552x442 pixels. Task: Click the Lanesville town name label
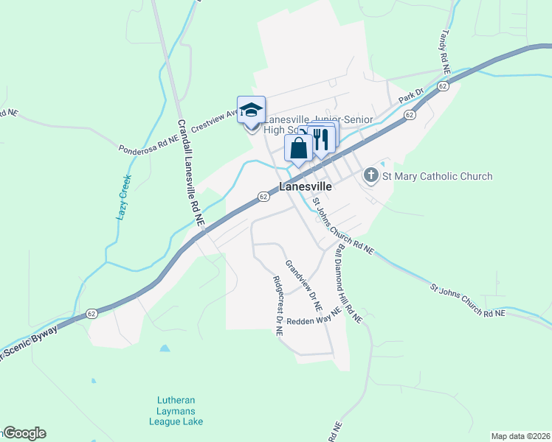pos(306,187)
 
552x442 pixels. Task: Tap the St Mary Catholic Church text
pos(436,176)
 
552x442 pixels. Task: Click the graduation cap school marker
pos(251,110)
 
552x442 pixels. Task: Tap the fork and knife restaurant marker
pos(321,139)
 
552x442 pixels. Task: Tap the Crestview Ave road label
pos(214,118)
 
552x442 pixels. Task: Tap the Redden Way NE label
pos(314,317)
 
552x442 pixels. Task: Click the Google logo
pos(24,433)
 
